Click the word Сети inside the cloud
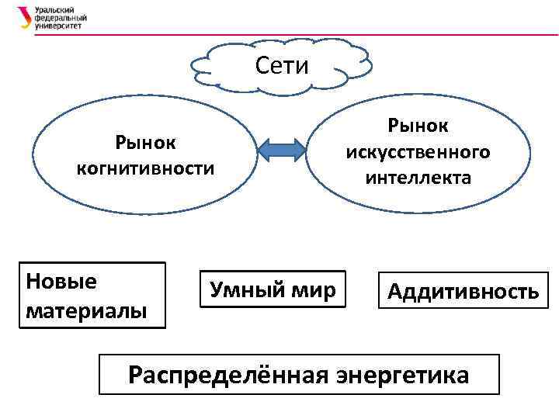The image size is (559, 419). click(282, 66)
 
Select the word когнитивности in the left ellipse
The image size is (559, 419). click(145, 168)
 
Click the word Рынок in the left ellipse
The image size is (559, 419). click(145, 143)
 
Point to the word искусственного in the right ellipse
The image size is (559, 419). click(418, 151)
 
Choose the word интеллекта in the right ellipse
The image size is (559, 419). click(418, 178)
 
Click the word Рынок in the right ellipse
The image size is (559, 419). click(418, 125)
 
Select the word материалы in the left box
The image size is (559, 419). click(85, 310)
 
